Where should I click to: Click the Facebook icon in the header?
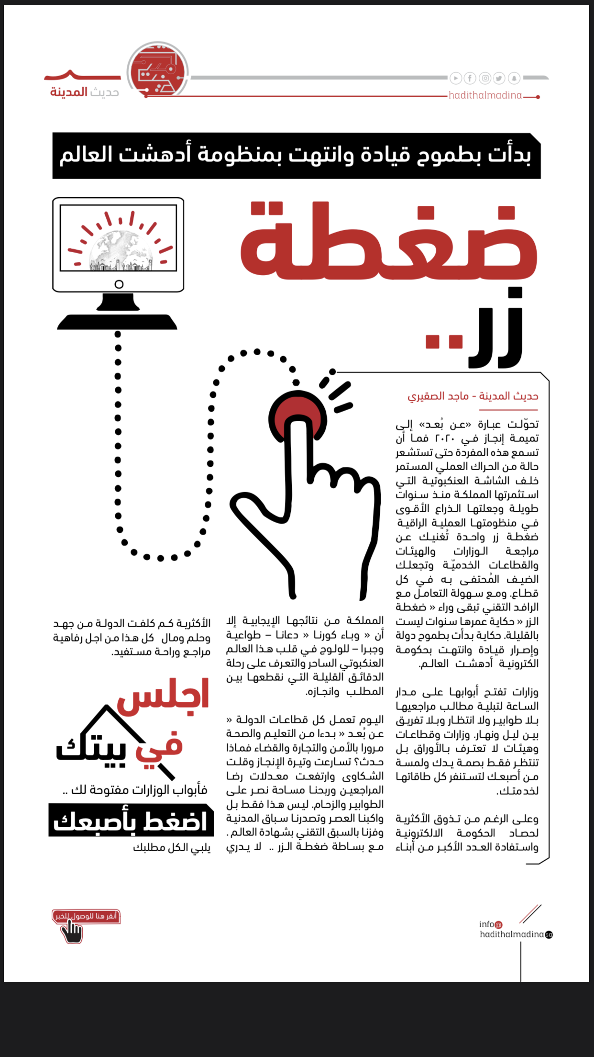(x=470, y=78)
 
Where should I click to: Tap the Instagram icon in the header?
(x=485, y=78)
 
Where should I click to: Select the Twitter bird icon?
(x=499, y=78)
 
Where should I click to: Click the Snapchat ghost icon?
(x=514, y=78)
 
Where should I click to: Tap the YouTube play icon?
(x=456, y=78)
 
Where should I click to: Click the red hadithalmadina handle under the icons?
(x=485, y=95)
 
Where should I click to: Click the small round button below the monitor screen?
(x=119, y=284)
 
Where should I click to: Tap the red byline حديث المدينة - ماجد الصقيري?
(x=473, y=396)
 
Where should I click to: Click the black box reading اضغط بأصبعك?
(x=131, y=821)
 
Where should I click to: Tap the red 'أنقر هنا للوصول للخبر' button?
(x=86, y=916)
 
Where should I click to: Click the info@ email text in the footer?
(x=491, y=924)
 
